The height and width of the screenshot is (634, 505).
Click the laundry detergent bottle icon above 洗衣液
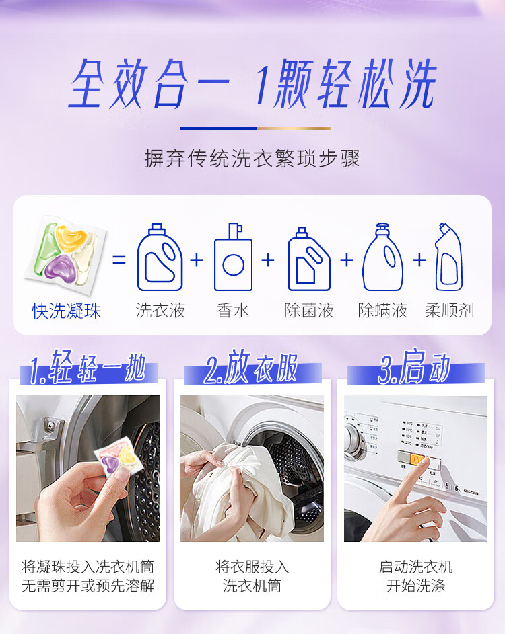click(160, 257)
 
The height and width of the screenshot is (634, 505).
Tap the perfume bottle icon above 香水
click(233, 257)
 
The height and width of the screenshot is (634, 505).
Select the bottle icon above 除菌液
click(308, 259)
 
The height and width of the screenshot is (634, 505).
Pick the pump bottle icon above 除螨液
click(382, 257)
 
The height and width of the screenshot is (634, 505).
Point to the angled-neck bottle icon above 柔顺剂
click(448, 257)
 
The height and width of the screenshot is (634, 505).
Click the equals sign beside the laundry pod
click(119, 260)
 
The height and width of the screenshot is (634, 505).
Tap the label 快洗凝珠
click(67, 311)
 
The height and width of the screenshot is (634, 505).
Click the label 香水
click(233, 311)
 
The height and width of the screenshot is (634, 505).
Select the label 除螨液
click(382, 311)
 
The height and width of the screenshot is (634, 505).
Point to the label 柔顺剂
click(449, 311)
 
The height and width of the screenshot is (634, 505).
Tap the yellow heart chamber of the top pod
click(71, 237)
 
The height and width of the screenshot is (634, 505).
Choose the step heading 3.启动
click(414, 367)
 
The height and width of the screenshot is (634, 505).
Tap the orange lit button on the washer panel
click(417, 459)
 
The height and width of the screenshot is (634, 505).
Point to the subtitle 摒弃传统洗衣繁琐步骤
click(252, 158)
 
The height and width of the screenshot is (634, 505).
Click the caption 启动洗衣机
click(415, 567)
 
